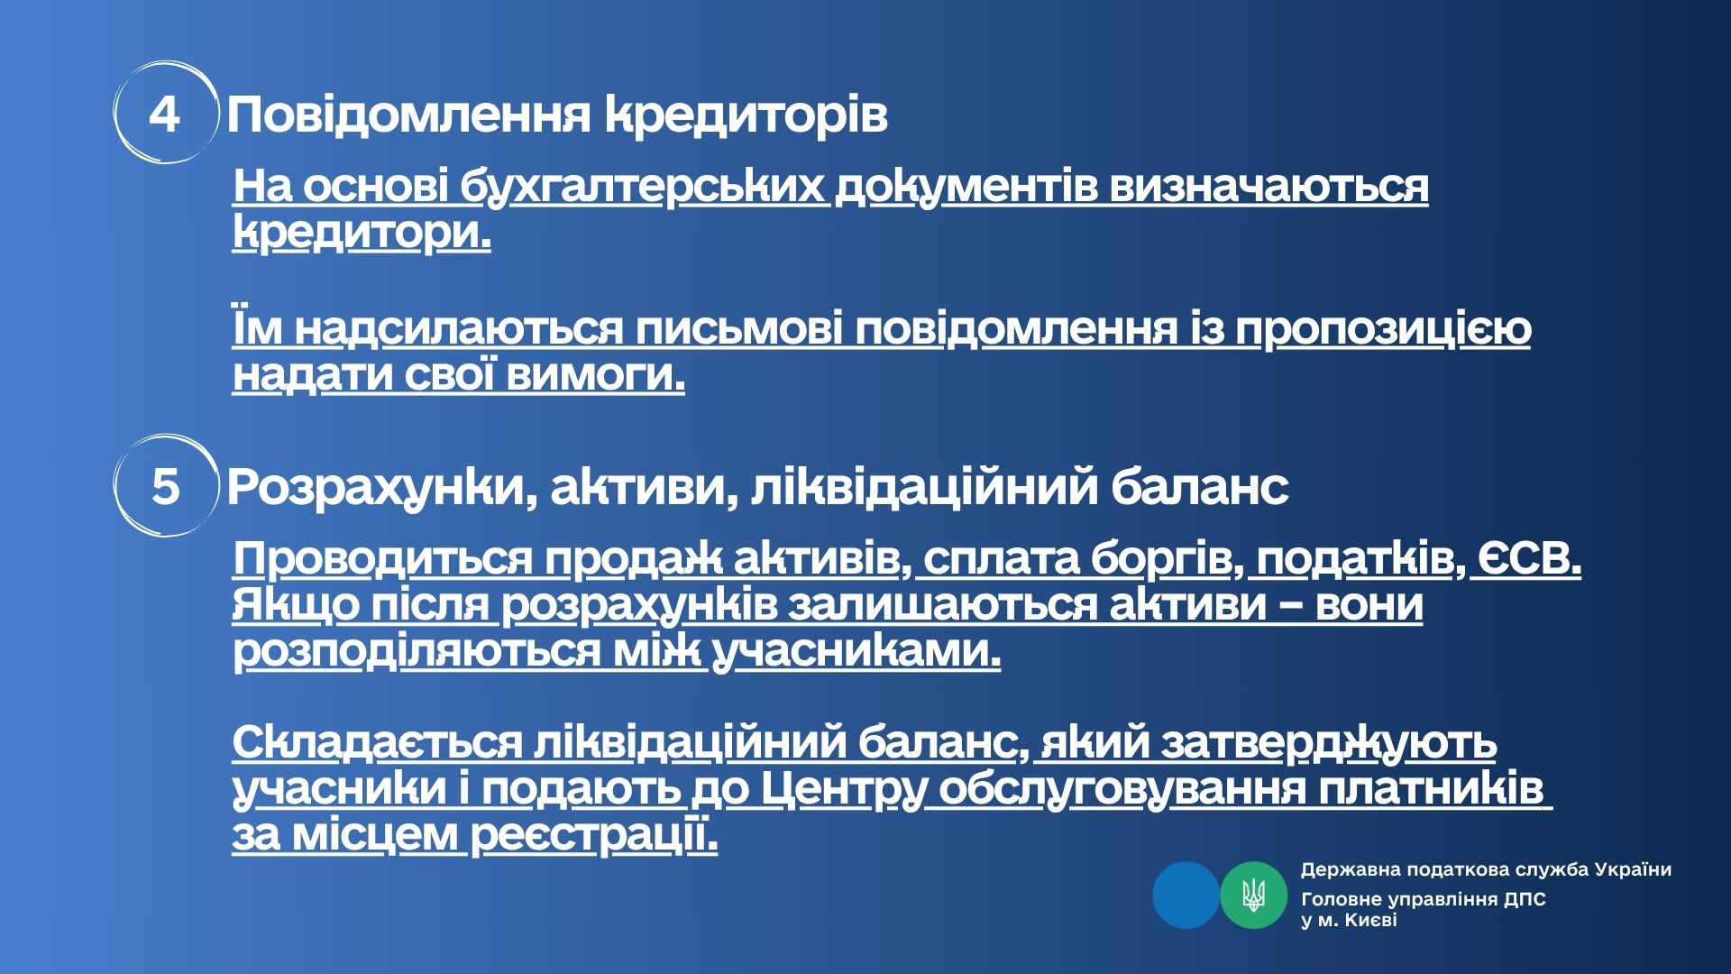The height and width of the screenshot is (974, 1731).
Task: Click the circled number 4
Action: (164, 114)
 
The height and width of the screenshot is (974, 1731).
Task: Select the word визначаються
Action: (1268, 188)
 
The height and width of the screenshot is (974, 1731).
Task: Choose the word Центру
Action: (844, 790)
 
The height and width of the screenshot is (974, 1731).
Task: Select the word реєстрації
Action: (594, 836)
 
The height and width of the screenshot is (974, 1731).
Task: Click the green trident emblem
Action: (1253, 895)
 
